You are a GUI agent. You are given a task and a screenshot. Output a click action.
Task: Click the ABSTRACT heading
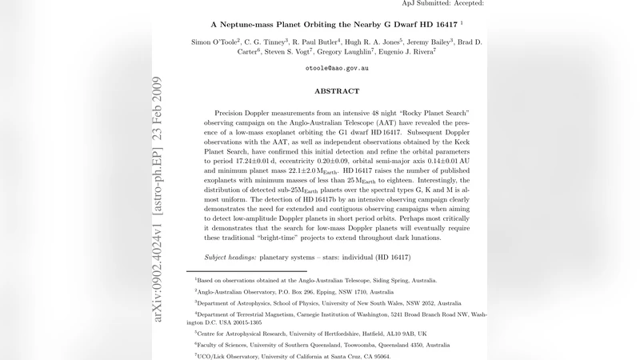coord(337,91)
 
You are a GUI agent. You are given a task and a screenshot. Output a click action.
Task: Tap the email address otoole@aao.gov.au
coord(337,69)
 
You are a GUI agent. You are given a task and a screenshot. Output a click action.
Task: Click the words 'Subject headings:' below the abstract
coord(230,258)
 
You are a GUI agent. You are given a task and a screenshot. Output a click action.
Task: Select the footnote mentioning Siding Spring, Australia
coord(316,281)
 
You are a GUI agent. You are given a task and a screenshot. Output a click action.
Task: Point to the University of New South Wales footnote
coord(328,303)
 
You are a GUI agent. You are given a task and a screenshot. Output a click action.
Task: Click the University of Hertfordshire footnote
coord(311,333)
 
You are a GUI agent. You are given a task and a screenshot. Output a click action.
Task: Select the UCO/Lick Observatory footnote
coord(293,356)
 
